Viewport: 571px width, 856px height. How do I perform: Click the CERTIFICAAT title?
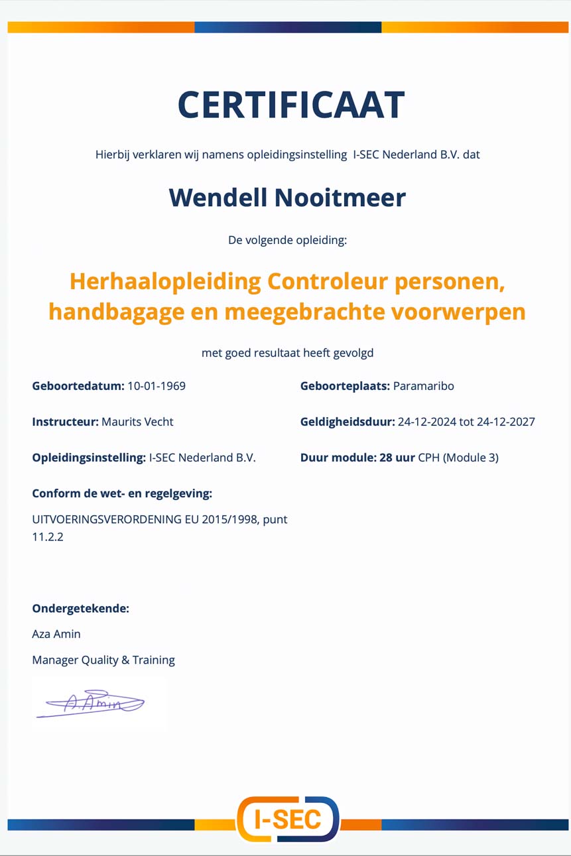290,105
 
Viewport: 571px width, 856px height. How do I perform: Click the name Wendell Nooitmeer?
287,198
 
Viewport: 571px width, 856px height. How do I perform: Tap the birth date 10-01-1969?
157,386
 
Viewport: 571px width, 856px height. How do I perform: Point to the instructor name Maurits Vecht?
137,422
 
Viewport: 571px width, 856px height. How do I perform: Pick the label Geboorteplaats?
345,386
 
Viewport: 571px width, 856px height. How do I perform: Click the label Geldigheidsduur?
348,422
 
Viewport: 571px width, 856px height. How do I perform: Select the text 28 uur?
397,458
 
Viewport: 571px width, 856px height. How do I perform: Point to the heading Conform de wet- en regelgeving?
122,493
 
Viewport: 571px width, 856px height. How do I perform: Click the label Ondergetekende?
80,608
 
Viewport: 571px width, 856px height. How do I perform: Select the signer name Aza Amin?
56,634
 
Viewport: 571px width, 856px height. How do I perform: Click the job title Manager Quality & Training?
103,660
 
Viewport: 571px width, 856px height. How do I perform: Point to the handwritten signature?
92,704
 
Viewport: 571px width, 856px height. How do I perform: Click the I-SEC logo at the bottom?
288,820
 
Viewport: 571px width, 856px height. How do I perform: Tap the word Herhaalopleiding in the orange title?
165,282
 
